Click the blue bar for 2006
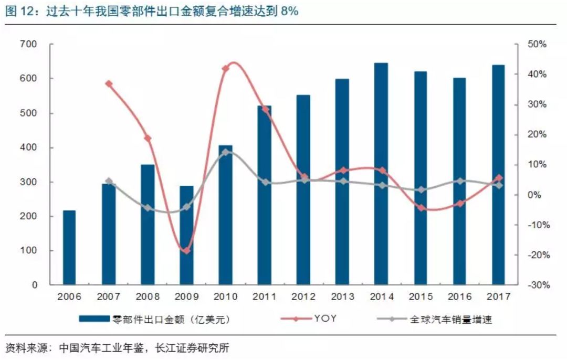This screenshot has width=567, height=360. (69, 248)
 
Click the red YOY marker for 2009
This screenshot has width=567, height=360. (186, 251)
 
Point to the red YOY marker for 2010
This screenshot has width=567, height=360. (226, 68)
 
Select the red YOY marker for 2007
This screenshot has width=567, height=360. (109, 83)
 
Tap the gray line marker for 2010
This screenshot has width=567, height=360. (225, 152)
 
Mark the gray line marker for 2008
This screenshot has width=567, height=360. (148, 208)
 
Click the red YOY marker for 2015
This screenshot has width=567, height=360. (421, 208)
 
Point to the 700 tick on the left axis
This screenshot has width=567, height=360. (30, 45)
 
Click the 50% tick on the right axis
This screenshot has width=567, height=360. (537, 45)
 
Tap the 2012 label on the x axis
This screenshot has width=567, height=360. (303, 298)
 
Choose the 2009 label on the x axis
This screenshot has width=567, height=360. (186, 298)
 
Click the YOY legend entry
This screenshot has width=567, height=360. (325, 318)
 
